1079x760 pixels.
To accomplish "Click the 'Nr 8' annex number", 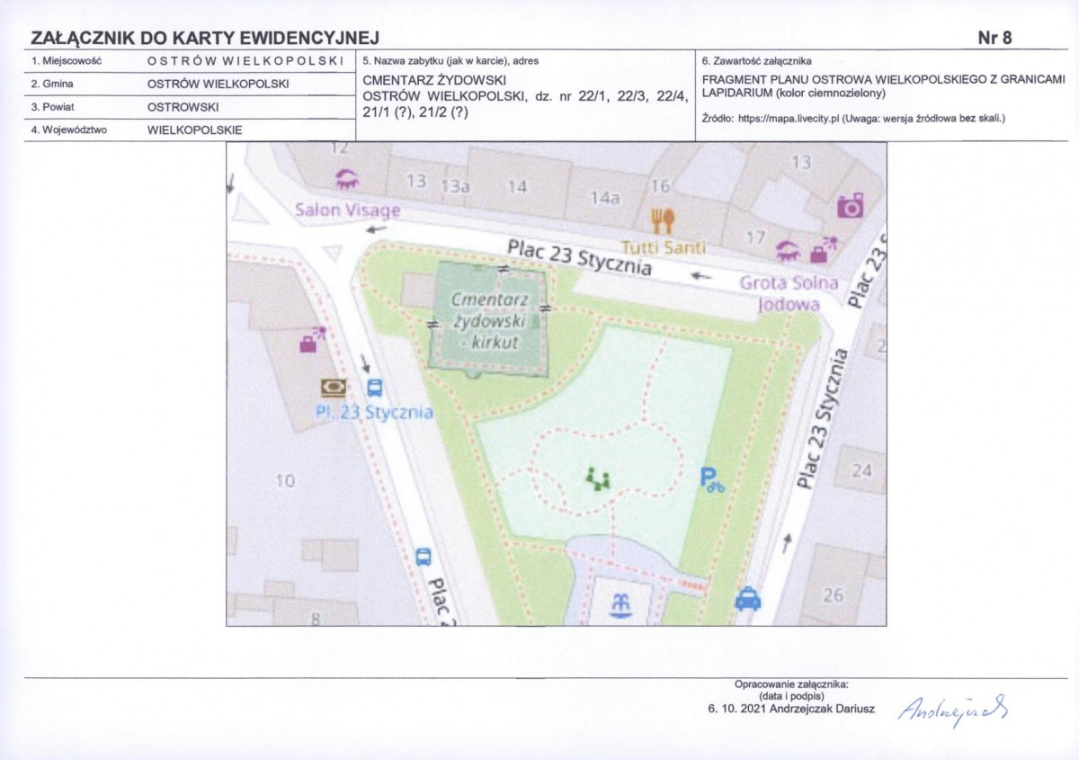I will (x=994, y=37).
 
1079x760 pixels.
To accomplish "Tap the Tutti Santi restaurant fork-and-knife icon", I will (x=662, y=220).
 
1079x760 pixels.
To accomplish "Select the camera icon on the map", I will (x=850, y=205).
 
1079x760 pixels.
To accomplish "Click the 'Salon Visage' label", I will (x=347, y=210).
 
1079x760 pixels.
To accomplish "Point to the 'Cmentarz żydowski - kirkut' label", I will (x=488, y=320).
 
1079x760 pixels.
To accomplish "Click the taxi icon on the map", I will (x=747, y=598).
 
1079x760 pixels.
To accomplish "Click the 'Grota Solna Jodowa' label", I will (x=789, y=293).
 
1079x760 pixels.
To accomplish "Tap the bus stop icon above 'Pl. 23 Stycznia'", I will (x=374, y=388).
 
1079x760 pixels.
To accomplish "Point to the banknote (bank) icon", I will (x=334, y=388).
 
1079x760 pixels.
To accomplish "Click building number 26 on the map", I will (x=834, y=595).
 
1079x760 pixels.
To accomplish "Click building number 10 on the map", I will (x=284, y=481).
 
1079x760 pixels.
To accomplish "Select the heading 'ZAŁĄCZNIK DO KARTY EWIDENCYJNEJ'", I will (x=205, y=38).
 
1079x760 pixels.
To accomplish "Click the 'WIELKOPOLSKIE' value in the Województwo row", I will (x=194, y=130).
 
